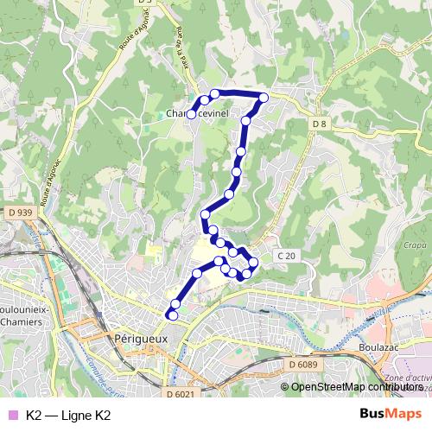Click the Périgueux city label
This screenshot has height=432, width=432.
(x=141, y=340)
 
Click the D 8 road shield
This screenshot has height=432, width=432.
(x=320, y=124)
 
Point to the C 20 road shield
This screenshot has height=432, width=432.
(x=287, y=257)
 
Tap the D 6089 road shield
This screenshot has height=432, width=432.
(x=303, y=365)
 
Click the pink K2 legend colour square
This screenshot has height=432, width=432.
(x=11, y=415)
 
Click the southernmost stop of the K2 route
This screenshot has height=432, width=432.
(x=172, y=315)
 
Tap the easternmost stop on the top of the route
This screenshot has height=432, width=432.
(x=264, y=97)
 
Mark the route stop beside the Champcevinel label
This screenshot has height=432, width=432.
(x=191, y=114)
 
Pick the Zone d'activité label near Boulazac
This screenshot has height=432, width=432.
(x=407, y=380)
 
